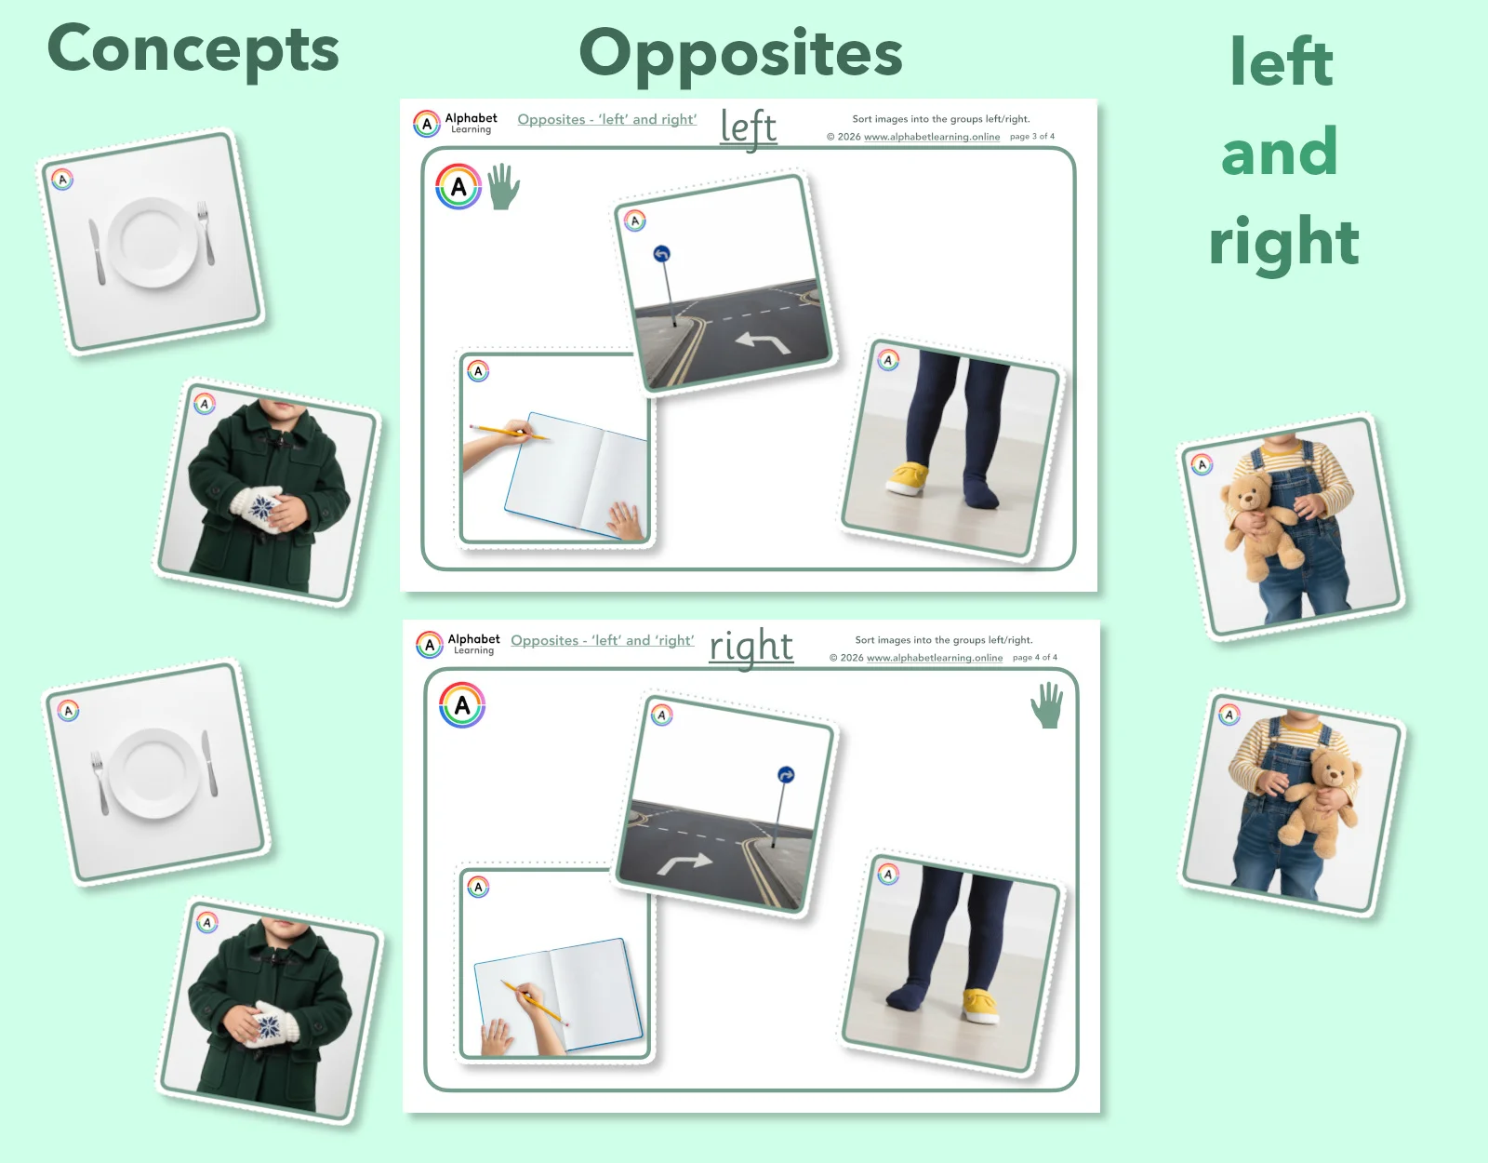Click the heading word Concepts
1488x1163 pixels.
point(193,50)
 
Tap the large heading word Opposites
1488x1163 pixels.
point(740,54)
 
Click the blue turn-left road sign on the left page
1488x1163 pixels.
point(661,254)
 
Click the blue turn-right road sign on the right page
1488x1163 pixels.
point(786,775)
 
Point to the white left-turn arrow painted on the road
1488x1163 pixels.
point(763,343)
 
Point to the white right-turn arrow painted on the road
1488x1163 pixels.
point(684,863)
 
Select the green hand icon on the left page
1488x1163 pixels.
point(503,187)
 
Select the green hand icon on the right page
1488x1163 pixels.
point(1047,705)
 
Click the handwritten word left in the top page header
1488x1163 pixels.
point(749,127)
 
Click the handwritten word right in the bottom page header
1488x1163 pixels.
point(751,646)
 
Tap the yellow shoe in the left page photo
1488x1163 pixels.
point(908,477)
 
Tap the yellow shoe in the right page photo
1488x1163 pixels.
point(980,1005)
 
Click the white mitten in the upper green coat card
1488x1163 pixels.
point(259,508)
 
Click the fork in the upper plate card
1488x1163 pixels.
point(206,232)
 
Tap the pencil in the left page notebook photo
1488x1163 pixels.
point(508,432)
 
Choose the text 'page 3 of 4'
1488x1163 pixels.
point(1032,137)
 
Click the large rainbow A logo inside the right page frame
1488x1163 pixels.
point(462,705)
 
